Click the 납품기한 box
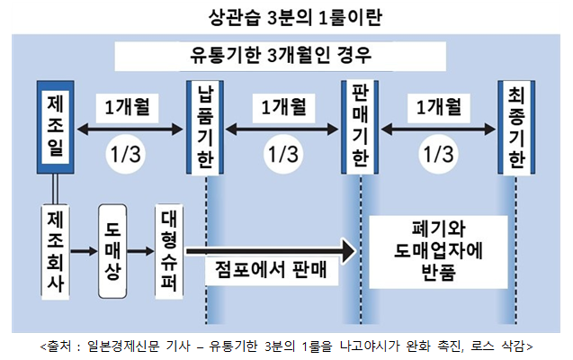pos(206,127)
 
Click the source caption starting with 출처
pos(286,346)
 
